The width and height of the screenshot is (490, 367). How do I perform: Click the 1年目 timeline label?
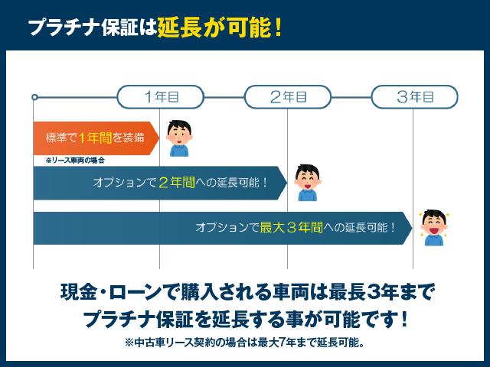(x=161, y=97)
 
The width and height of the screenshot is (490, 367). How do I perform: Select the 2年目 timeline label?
(x=288, y=97)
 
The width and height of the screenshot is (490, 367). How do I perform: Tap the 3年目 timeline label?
(x=415, y=97)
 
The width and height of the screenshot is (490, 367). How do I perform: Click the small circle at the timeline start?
(x=34, y=97)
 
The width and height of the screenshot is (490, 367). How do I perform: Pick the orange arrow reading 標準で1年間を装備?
(x=95, y=138)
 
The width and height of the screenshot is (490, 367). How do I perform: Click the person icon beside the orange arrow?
(x=178, y=138)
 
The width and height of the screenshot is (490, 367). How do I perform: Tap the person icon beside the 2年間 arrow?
(x=307, y=182)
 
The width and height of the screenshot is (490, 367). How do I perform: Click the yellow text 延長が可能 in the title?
(x=214, y=28)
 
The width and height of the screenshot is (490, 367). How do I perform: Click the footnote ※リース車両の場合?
(x=74, y=161)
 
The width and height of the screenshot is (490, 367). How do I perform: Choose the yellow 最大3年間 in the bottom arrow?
(x=292, y=227)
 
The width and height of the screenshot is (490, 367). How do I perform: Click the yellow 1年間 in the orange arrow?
(x=94, y=138)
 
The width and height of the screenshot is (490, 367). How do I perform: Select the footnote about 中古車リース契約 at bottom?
(x=244, y=342)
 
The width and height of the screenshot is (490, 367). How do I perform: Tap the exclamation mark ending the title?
(x=278, y=28)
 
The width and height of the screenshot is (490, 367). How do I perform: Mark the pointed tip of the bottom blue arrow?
(x=411, y=227)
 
